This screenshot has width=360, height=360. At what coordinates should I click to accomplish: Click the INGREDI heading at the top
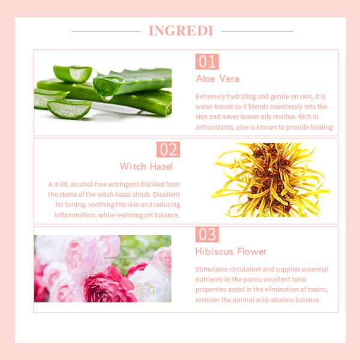(181, 31)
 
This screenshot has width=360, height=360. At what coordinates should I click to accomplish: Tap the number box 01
(207, 62)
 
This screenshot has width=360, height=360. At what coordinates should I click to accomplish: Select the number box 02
(168, 149)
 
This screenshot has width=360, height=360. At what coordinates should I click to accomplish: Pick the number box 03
(207, 235)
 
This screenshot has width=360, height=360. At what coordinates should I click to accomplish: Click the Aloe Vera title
(217, 79)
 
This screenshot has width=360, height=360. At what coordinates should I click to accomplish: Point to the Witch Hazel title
(146, 166)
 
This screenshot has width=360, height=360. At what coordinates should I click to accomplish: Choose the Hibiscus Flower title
(231, 251)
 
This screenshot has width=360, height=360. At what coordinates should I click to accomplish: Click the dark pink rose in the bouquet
(108, 285)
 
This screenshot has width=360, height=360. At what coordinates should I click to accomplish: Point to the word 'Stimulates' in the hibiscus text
(212, 269)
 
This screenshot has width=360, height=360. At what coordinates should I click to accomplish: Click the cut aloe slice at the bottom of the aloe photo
(68, 109)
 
